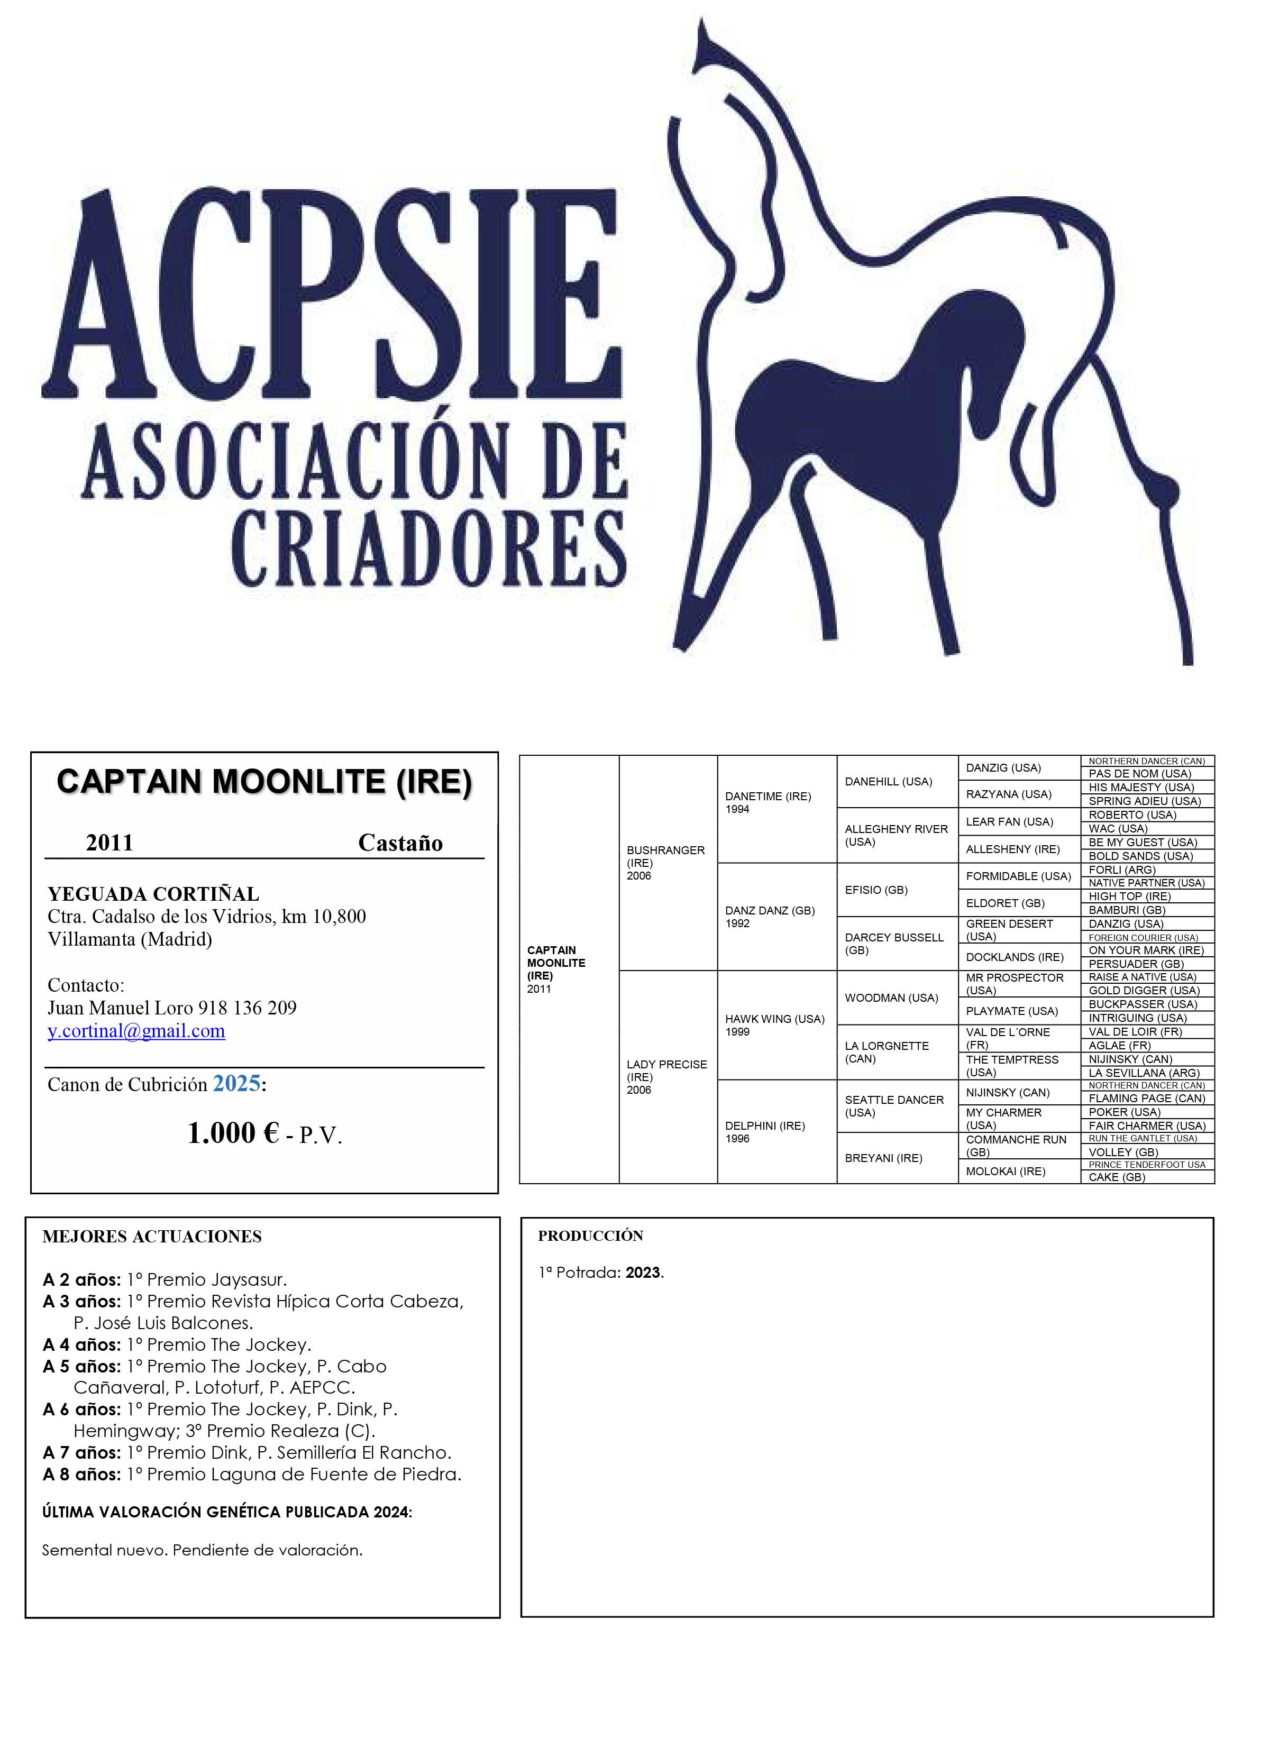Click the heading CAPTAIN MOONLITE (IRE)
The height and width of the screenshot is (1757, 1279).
tap(264, 782)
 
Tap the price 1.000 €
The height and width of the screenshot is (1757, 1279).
tap(233, 1133)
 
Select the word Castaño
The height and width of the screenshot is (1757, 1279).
tap(400, 843)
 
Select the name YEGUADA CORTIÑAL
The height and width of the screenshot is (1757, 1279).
tap(153, 894)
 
